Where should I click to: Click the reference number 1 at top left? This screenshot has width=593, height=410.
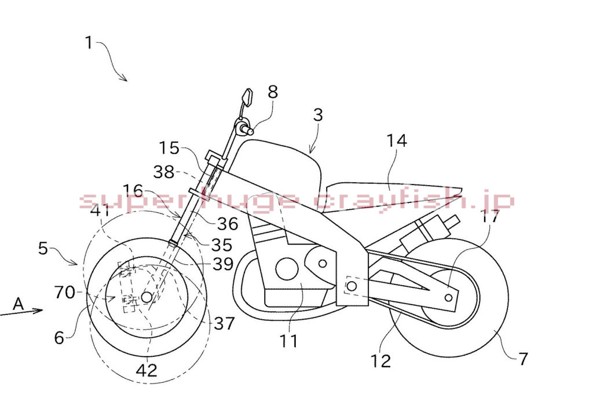click(x=89, y=42)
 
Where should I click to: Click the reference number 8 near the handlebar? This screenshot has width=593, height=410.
click(x=273, y=92)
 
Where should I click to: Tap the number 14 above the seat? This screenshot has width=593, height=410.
click(x=397, y=141)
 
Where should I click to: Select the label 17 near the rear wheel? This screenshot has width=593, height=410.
click(x=490, y=216)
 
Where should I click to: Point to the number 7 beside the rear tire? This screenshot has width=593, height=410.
click(x=523, y=359)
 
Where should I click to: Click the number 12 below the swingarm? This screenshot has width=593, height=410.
click(x=380, y=361)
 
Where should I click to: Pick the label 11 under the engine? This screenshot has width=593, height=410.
click(x=288, y=341)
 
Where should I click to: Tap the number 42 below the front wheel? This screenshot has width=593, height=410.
click(x=147, y=370)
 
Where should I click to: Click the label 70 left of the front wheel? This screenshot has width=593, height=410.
click(x=65, y=292)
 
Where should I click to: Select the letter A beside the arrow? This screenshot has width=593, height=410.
click(x=18, y=304)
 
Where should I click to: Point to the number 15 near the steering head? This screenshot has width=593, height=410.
click(x=169, y=148)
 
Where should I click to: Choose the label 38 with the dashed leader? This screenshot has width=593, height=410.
click(x=164, y=172)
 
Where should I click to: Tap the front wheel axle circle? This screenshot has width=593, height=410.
click(x=147, y=297)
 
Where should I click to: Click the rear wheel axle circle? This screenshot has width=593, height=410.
click(x=448, y=298)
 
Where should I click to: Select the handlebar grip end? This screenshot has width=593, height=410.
click(x=250, y=131)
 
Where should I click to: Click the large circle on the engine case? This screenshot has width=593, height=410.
click(x=287, y=269)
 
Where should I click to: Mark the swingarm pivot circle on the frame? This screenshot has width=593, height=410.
click(x=352, y=286)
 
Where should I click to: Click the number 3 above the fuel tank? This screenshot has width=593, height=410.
click(x=318, y=114)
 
